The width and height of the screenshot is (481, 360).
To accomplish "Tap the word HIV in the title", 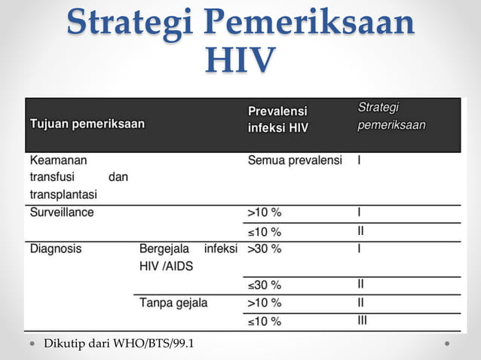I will pos(240,60).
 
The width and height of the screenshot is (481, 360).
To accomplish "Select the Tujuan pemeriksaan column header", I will pos(87,124).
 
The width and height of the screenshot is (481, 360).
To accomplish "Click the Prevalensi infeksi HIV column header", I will pos(278,119).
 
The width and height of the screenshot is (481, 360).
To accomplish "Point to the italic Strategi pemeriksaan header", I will pos(391,116).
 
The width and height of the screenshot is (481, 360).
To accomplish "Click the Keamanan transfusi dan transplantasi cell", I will pos(78,177).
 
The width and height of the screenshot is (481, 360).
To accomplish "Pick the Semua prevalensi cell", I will pos(295,160).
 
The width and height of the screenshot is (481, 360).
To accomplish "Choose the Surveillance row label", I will pos(62,212).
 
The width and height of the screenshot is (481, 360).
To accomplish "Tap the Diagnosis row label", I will pos(56,248).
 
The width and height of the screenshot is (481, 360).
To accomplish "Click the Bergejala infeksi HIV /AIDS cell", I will pos(188,257).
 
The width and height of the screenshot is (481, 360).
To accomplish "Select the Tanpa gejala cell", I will pos(173,303).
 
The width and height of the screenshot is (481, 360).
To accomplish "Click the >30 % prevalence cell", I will pos(265,248).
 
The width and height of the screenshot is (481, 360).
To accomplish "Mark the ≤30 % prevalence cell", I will pos(265,285).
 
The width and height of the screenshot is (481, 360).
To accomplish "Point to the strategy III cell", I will pos(362,321).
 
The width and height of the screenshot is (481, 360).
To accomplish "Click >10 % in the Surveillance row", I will pos(265,212).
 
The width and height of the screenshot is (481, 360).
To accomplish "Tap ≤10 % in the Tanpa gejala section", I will pos(265,322).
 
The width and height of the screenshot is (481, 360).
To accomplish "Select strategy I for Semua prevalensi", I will pos(360,160).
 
